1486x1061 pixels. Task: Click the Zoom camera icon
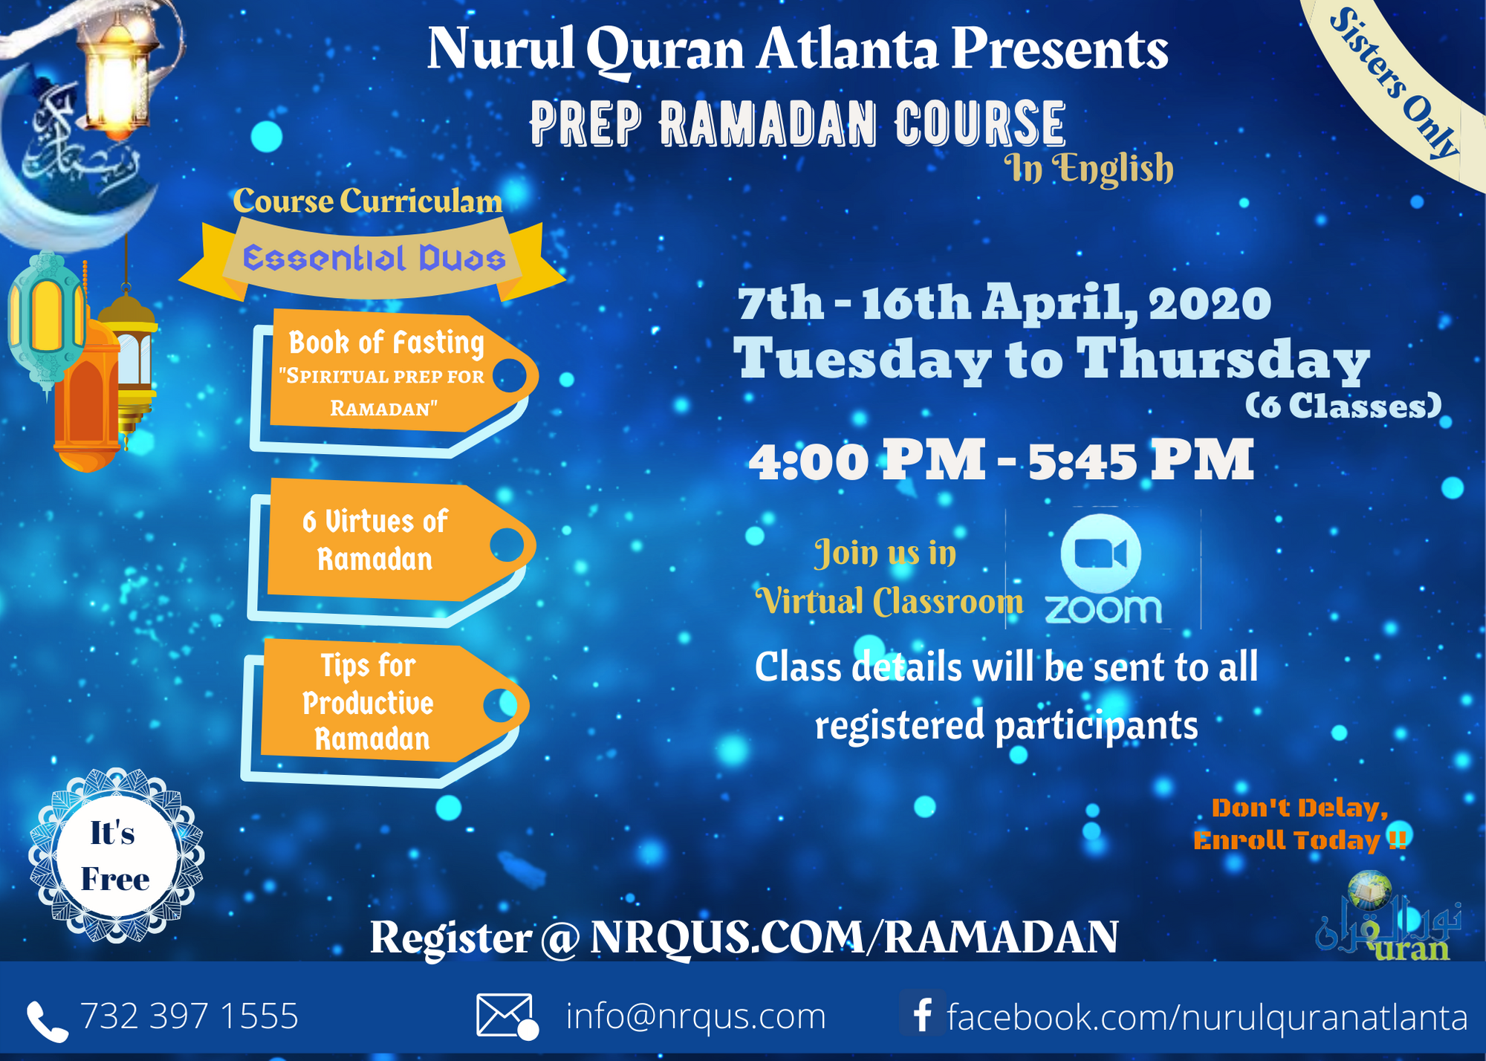click(x=1100, y=554)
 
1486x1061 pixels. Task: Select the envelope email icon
click(x=506, y=1016)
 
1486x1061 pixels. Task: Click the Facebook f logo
click(x=922, y=1014)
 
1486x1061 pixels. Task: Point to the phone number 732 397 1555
click(x=189, y=1016)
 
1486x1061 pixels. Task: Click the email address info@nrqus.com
click(x=695, y=1016)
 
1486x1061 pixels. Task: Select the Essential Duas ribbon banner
click(x=374, y=259)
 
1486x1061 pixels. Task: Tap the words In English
click(x=1088, y=168)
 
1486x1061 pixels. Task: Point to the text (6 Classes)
click(x=1343, y=406)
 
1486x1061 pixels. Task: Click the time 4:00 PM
click(x=866, y=461)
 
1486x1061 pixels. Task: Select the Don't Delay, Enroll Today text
click(x=1300, y=824)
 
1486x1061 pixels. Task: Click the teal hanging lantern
click(x=46, y=319)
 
